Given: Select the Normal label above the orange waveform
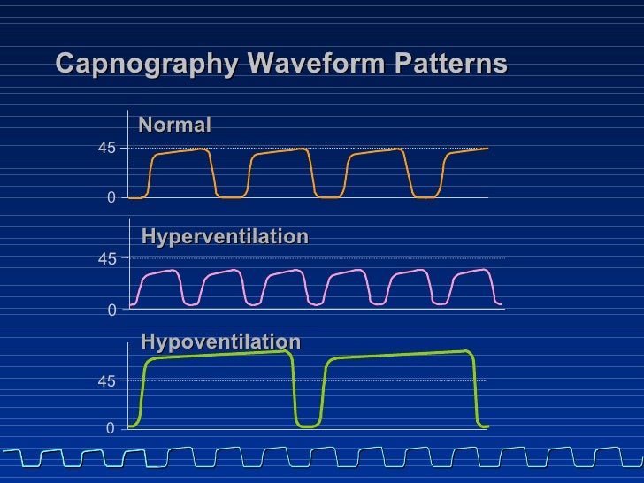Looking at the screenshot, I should [x=175, y=125].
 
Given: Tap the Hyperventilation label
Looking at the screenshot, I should [x=225, y=236].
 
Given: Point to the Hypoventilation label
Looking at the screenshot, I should [x=220, y=341].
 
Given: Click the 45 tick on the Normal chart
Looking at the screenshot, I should [x=106, y=149].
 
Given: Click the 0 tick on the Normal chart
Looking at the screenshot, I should [x=111, y=198].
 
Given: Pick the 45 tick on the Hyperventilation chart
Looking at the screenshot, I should [x=106, y=259].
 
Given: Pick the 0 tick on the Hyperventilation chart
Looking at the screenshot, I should [x=111, y=310].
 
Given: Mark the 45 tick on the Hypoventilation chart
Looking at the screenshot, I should [x=106, y=381].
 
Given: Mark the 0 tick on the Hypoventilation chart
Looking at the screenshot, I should [x=111, y=428].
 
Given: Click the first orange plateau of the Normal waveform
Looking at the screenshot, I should [x=181, y=152].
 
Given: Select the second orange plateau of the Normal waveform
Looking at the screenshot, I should [x=280, y=152].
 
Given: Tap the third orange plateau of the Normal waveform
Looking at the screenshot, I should [x=377, y=152].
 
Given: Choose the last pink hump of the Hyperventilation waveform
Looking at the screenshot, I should [x=471, y=272].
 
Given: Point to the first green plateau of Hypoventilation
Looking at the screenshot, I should [x=218, y=355].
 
